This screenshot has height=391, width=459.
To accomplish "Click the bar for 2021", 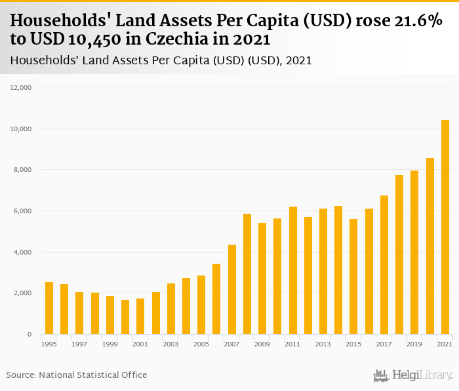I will click(445, 227).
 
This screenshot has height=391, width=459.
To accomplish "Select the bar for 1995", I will click(49, 308).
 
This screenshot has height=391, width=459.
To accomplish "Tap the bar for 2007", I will click(232, 289).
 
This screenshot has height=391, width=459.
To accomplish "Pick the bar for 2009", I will click(262, 279).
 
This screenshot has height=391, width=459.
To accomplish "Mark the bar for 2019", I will click(414, 253).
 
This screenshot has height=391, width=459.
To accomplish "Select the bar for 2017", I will click(384, 265).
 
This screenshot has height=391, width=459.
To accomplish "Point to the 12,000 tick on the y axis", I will click(31, 87).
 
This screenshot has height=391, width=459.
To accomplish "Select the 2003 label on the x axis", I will click(170, 344).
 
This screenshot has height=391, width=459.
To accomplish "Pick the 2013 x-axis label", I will click(323, 344).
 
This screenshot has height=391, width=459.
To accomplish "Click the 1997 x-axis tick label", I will click(79, 344).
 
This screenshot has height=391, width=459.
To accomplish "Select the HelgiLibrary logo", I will click(413, 375).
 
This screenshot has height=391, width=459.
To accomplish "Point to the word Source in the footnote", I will click(20, 375).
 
